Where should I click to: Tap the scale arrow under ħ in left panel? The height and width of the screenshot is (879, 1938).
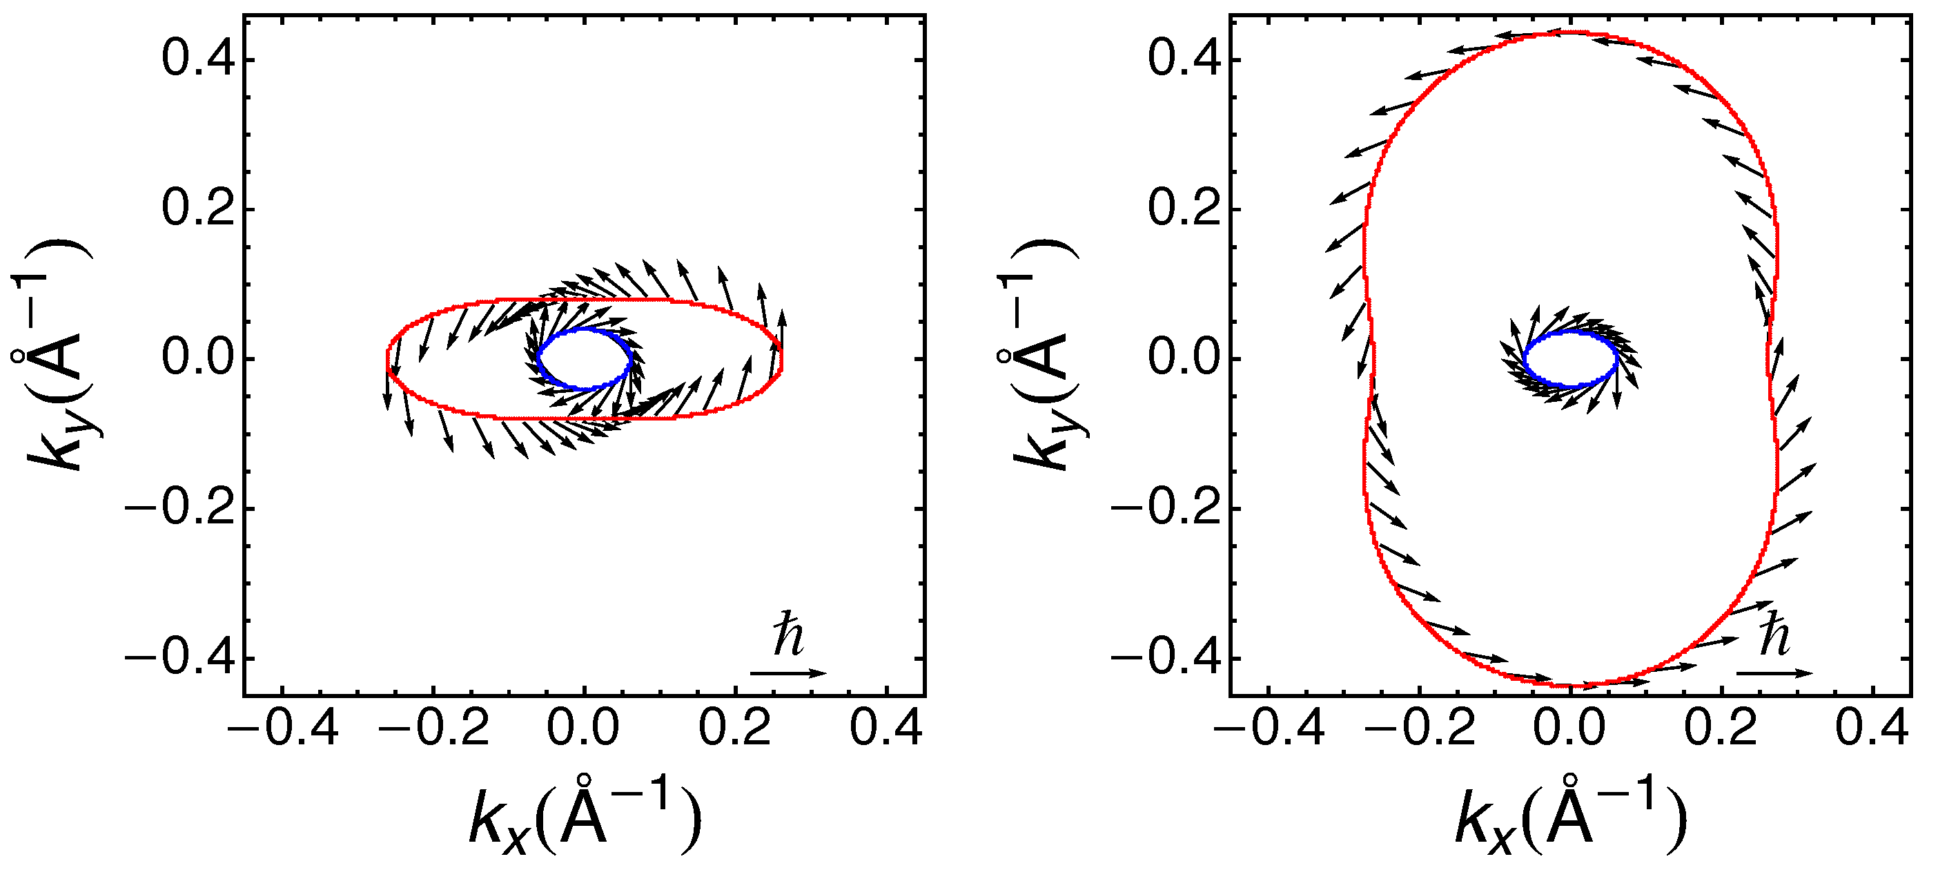coord(787,673)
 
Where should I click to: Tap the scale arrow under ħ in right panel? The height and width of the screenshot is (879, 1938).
coord(1774,673)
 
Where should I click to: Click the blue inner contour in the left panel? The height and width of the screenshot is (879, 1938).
coord(538,359)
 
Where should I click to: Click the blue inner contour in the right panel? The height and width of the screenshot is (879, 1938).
coord(1525,359)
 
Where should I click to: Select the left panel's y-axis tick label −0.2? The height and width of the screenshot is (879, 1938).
coord(181,509)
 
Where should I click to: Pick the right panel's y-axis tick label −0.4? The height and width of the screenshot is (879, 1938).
coord(1167,659)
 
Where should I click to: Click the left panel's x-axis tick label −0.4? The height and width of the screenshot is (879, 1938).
coord(282,728)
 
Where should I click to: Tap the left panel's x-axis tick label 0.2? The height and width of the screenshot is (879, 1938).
coord(735,728)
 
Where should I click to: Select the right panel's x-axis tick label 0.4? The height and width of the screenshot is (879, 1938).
coord(1872,728)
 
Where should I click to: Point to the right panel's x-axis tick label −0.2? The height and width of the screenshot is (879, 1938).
coord(1419,728)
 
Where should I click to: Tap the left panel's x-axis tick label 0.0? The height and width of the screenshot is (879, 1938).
coord(584,728)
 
